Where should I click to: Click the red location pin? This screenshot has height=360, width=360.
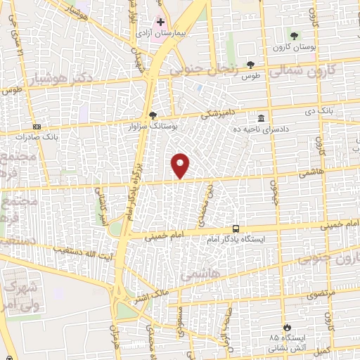click(x=181, y=165)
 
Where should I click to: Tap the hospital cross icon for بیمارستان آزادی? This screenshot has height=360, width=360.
click(x=161, y=22)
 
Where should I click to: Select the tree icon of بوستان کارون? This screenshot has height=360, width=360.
click(x=295, y=35)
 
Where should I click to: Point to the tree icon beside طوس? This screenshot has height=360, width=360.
click(x=250, y=65)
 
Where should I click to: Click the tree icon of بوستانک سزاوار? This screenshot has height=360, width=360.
click(x=153, y=117)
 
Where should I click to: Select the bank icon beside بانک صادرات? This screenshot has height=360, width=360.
click(x=37, y=127)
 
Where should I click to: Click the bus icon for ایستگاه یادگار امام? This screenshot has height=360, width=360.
click(x=236, y=229)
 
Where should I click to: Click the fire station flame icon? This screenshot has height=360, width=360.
click(x=286, y=327)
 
